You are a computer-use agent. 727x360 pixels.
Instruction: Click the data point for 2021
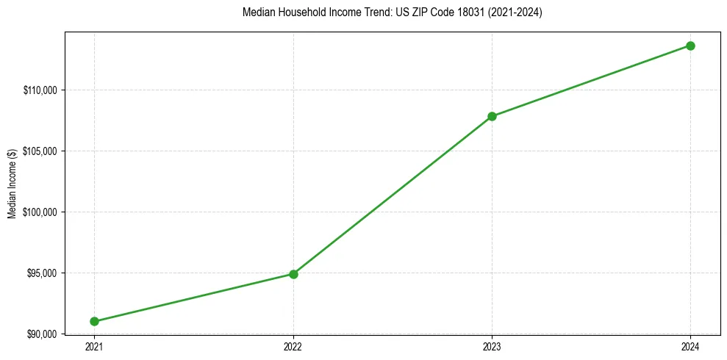click(95, 321)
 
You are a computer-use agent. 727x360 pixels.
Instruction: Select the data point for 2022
click(293, 274)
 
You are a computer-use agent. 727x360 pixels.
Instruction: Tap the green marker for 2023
click(492, 116)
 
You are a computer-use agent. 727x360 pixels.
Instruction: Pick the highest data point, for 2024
click(690, 46)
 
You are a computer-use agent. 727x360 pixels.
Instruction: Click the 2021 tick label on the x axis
click(95, 346)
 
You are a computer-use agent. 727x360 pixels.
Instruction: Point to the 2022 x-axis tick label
click(293, 346)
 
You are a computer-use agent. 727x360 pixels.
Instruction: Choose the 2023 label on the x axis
click(492, 346)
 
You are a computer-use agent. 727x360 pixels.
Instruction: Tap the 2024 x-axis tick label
click(690, 346)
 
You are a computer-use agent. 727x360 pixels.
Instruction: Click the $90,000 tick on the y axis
click(41, 334)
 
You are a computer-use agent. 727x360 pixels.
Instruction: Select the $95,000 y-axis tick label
click(41, 273)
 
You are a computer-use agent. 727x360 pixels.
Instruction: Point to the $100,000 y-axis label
click(40, 212)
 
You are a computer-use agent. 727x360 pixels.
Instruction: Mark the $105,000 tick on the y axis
click(40, 151)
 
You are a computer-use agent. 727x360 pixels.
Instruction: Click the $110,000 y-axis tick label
click(40, 90)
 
